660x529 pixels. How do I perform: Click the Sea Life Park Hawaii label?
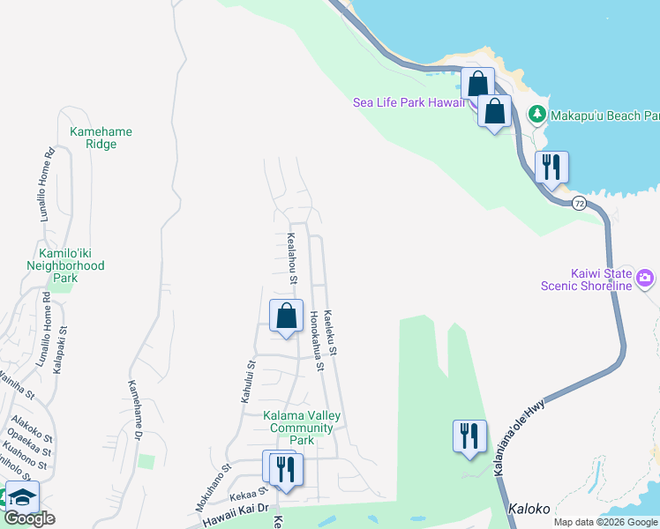[409, 102]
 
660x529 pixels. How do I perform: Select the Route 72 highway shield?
[579, 204]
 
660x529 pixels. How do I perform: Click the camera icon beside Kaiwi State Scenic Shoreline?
[646, 279]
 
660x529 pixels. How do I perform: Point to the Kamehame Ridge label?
[101, 138]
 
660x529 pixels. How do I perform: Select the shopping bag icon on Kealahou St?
[287, 317]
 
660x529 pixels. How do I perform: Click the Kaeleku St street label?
[332, 332]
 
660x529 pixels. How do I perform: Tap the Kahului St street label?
[249, 381]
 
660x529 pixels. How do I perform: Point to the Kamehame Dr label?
[135, 409]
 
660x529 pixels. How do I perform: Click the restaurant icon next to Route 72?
[551, 168]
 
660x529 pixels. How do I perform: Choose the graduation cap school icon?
[22, 496]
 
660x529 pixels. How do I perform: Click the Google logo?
[29, 518]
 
